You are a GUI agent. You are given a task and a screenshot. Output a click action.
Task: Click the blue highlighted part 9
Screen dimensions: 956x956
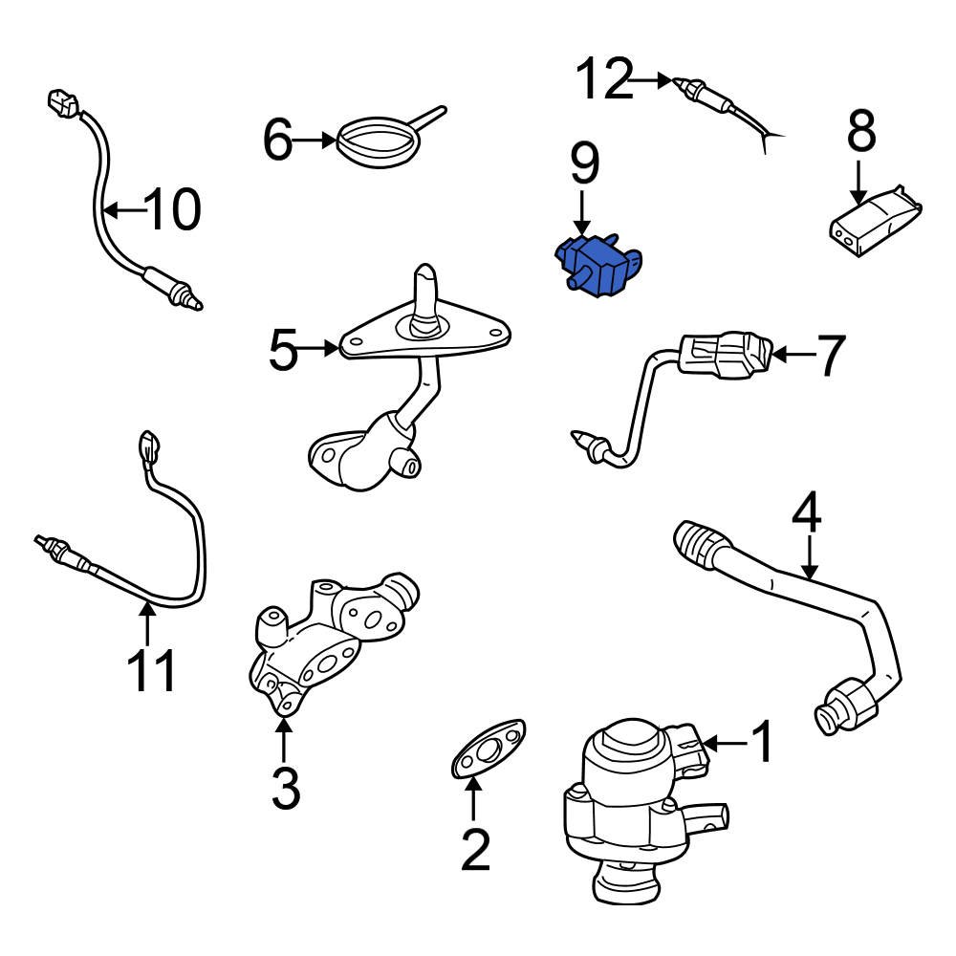[x=597, y=263]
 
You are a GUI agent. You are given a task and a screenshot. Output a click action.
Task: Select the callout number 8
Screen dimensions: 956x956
[x=860, y=132]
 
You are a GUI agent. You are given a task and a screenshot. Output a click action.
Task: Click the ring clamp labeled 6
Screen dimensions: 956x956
[x=377, y=143]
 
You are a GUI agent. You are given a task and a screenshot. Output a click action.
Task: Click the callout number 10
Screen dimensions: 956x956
[x=173, y=208]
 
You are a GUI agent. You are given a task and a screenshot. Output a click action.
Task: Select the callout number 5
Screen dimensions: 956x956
[x=283, y=351]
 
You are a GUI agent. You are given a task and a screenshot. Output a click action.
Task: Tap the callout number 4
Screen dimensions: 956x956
[x=808, y=515]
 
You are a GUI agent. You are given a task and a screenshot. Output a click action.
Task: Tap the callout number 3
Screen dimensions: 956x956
[x=284, y=788]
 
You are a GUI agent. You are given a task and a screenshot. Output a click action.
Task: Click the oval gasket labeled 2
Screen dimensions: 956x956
[x=488, y=749]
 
